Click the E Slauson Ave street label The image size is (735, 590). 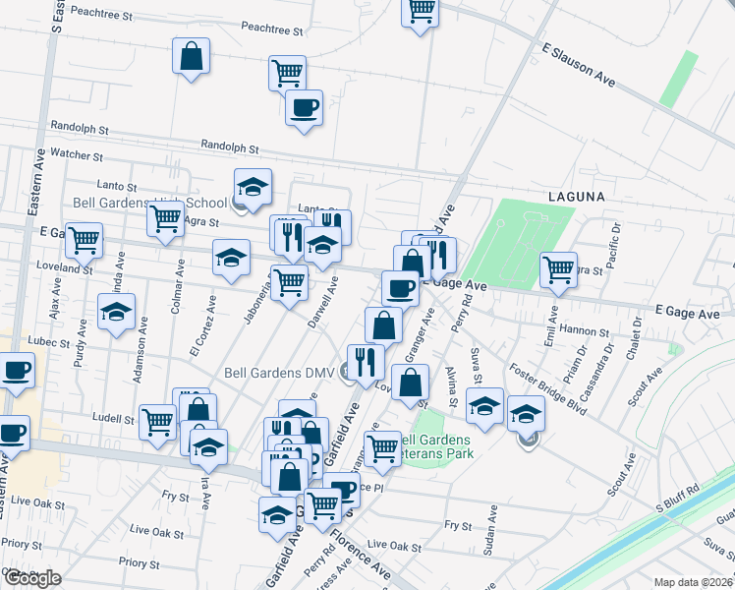(579, 65)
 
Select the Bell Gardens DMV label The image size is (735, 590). (280, 373)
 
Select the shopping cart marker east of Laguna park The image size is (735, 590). (558, 268)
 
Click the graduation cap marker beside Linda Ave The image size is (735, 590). (117, 313)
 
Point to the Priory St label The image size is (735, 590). (139, 564)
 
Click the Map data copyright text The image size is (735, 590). (692, 582)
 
